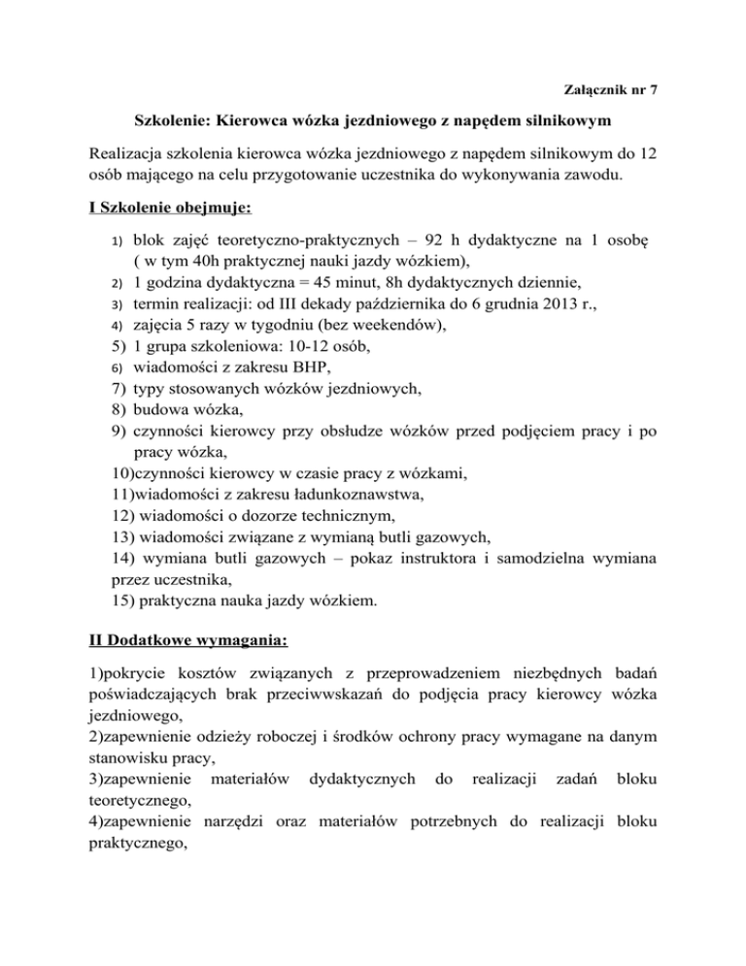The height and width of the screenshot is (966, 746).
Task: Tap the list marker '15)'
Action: [124, 629]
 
